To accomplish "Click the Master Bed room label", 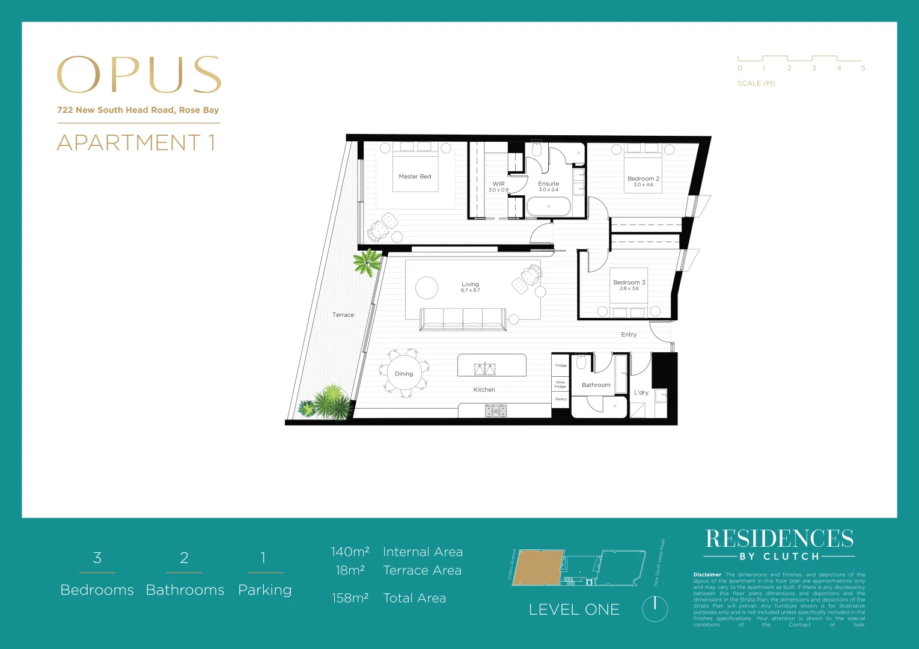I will (415, 177).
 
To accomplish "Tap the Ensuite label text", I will (548, 184).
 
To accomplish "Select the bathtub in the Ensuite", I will (548, 207).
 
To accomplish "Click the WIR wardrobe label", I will (498, 184).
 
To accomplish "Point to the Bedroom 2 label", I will (643, 178).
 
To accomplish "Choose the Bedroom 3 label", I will (629, 282).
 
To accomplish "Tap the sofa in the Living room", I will (463, 318).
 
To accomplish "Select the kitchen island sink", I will (484, 368).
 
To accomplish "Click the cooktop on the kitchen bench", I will (496, 411).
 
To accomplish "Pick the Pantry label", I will (561, 399).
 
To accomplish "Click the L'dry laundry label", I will (641, 393).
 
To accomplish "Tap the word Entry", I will (629, 335).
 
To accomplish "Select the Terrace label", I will (343, 315).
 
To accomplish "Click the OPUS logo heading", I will (139, 75).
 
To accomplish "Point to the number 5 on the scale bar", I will (863, 69).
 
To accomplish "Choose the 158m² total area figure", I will (350, 599).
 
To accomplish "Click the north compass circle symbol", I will (655, 609).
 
